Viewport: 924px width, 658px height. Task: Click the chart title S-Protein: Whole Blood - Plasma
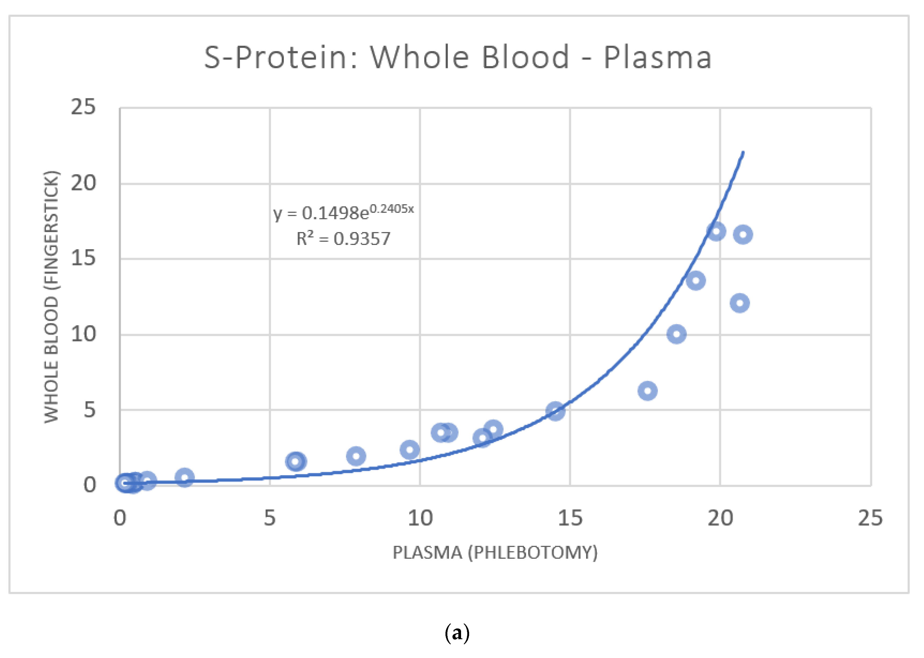pos(458,57)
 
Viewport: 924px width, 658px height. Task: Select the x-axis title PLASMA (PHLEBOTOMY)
pos(495,553)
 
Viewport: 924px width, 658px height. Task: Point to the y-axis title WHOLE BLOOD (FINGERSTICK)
pos(52,297)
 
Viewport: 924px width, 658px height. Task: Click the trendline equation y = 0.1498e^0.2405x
pos(343,212)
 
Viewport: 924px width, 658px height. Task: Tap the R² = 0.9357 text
pos(343,239)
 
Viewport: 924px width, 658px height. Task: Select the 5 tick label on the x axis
pos(270,518)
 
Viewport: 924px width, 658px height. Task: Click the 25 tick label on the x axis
pos(870,518)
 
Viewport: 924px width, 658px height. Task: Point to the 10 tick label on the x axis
pos(420,518)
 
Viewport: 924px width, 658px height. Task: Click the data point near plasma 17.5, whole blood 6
pos(647,391)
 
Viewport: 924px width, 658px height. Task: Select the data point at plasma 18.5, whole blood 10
pos(676,334)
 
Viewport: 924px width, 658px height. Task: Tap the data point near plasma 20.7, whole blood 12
pos(740,303)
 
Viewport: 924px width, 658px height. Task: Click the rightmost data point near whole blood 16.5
pos(743,234)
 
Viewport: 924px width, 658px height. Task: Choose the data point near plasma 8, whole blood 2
pos(356,456)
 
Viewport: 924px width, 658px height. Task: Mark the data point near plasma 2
pos(184,478)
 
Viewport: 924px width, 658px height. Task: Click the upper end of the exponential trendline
pos(743,153)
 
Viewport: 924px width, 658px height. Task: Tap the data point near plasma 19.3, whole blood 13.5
pos(696,280)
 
